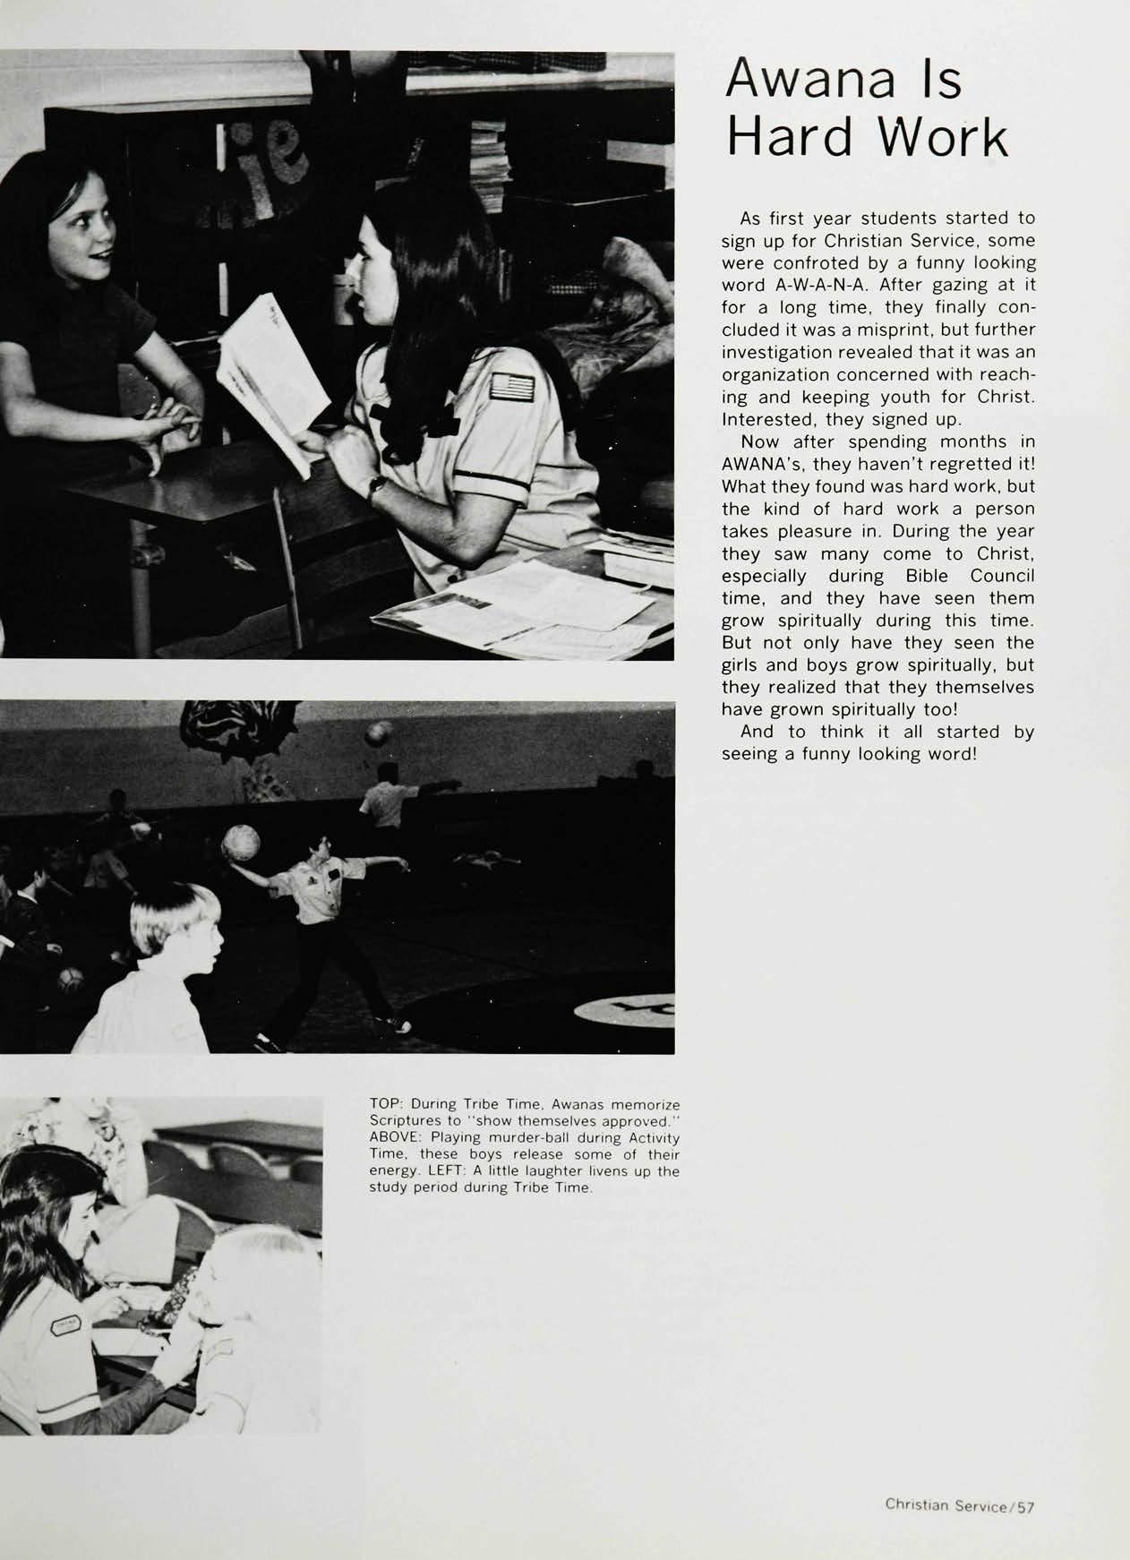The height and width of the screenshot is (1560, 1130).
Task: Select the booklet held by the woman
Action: (x=265, y=376)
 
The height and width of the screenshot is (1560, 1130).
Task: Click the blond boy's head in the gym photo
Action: (x=175, y=927)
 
